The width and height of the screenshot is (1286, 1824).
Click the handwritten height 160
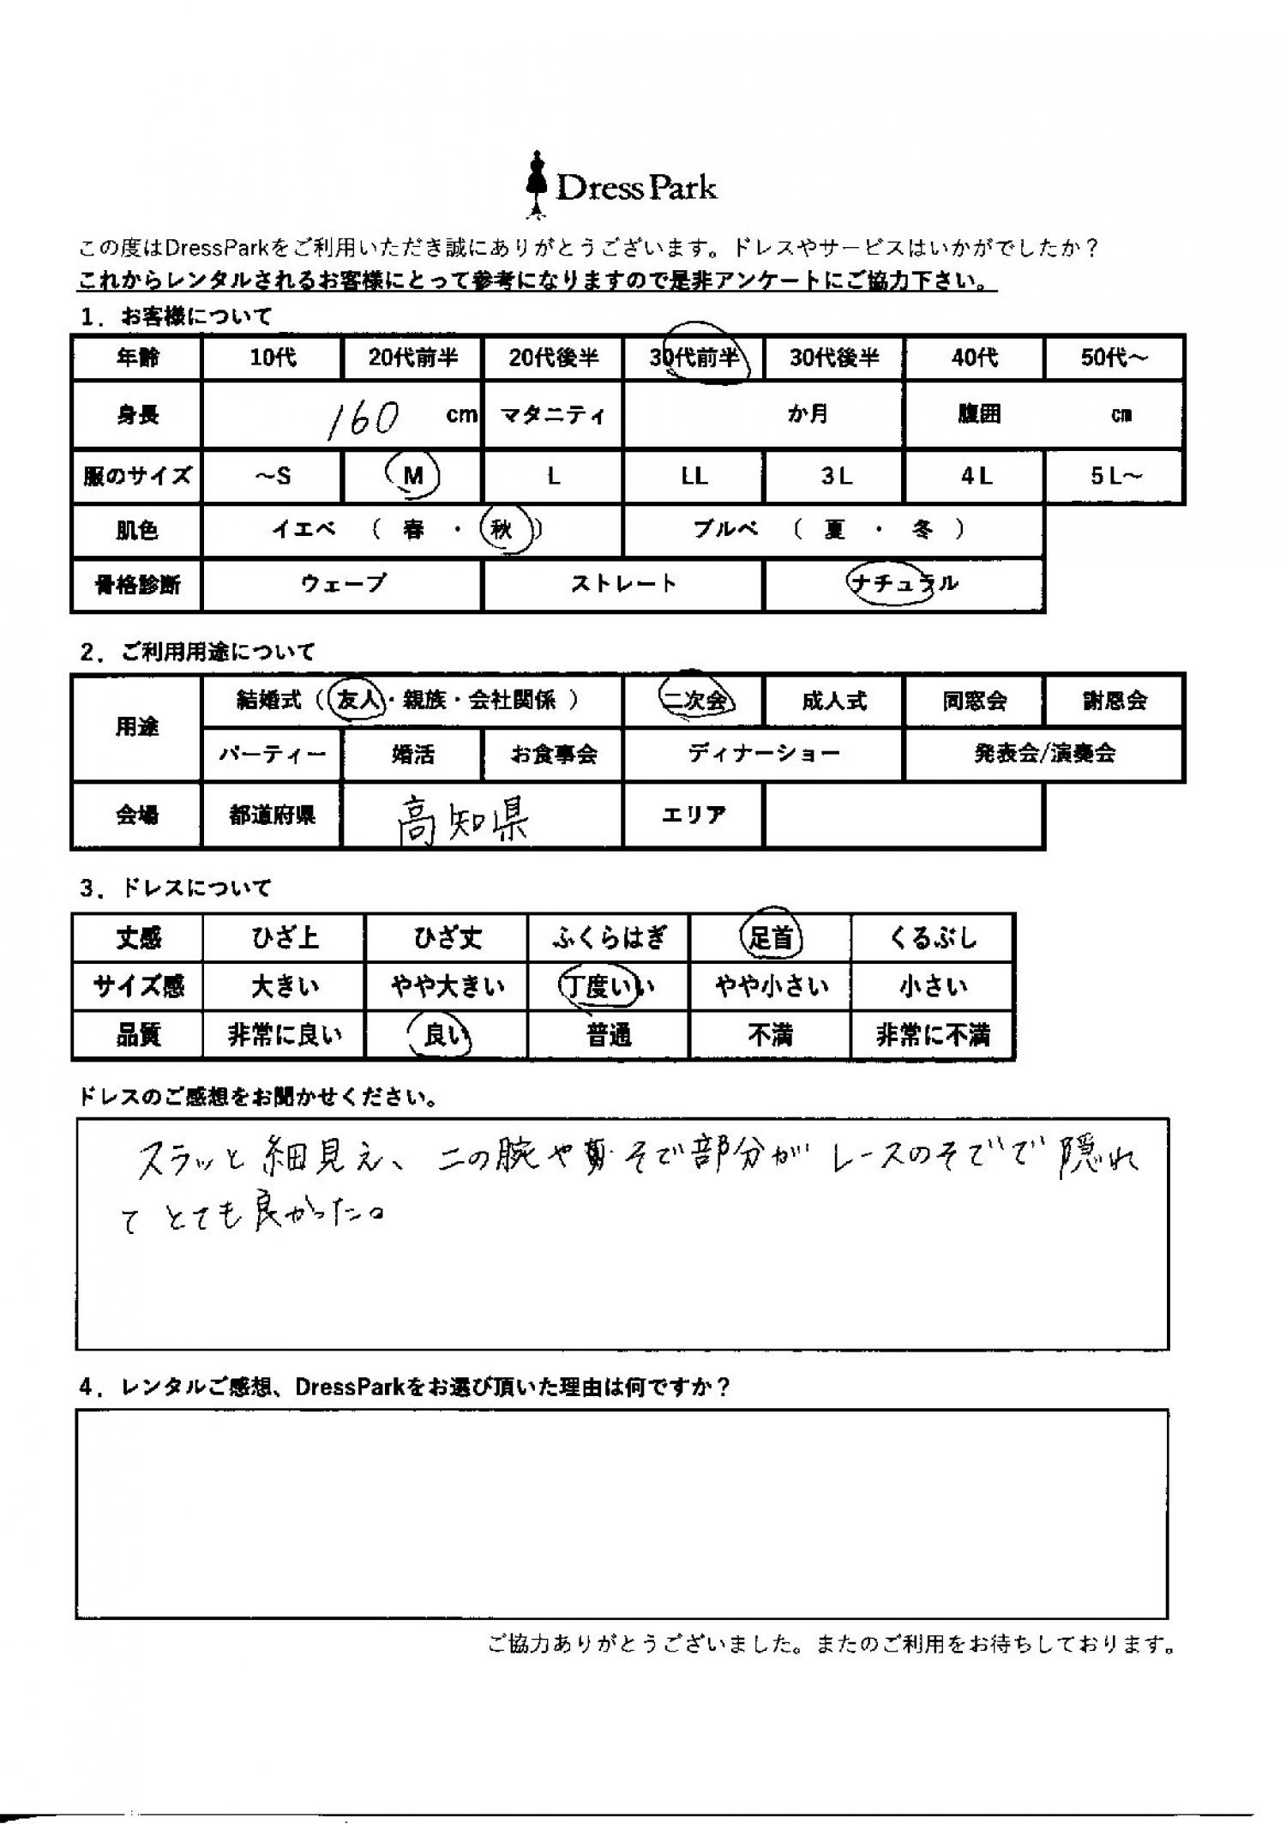click(364, 418)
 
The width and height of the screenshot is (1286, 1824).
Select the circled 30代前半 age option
click(697, 357)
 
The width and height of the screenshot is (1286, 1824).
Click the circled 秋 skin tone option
click(501, 530)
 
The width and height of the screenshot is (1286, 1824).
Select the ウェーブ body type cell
click(343, 584)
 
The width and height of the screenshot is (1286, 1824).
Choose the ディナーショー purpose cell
click(763, 754)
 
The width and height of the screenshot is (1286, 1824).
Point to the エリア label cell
click(693, 815)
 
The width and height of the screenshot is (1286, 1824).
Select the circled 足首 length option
click(771, 937)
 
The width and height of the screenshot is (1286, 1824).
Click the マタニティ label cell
click(553, 416)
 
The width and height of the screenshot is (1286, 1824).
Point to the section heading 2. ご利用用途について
click(198, 652)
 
